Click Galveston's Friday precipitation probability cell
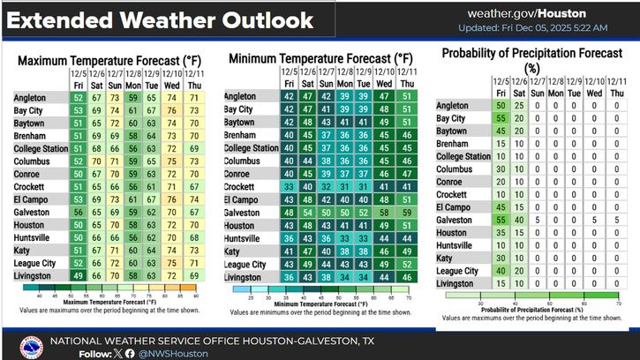[x=501, y=218]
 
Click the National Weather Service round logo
[x=30, y=344]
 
